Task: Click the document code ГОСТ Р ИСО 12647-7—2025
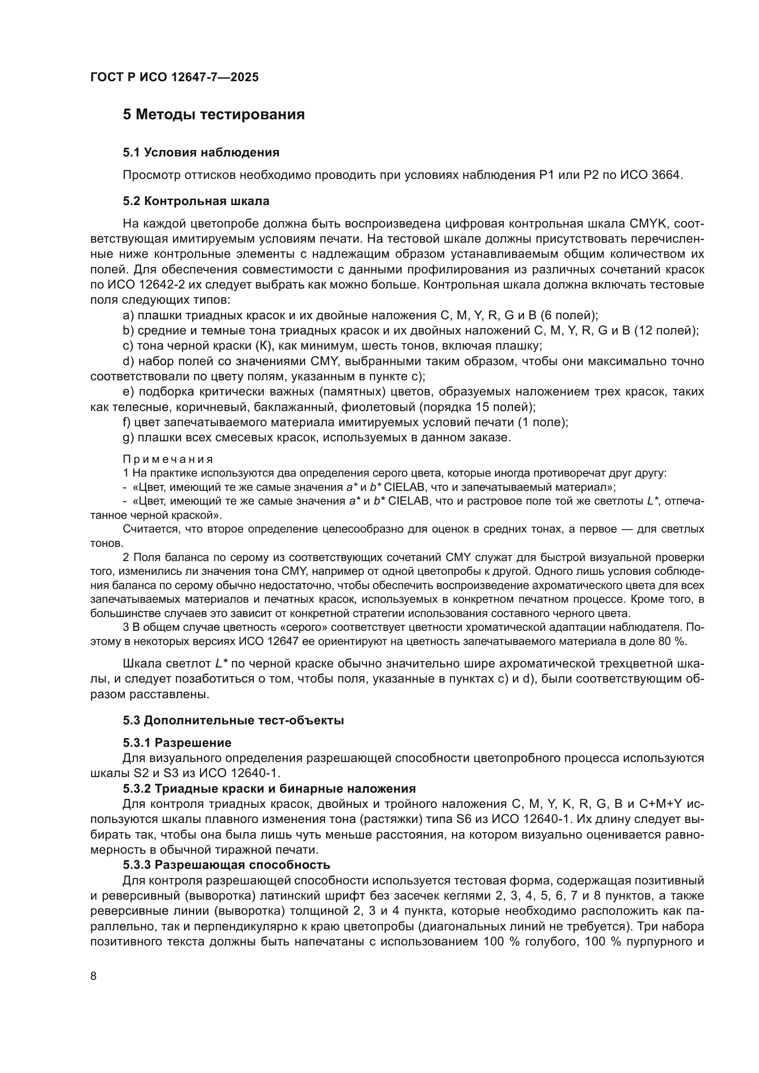click(174, 78)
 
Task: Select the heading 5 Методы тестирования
click(213, 115)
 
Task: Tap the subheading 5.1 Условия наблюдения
click(201, 152)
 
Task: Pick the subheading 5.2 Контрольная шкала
click(196, 201)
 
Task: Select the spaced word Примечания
click(168, 459)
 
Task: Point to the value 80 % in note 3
click(672, 641)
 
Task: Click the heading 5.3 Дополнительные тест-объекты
click(233, 720)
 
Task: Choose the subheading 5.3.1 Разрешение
click(177, 743)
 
